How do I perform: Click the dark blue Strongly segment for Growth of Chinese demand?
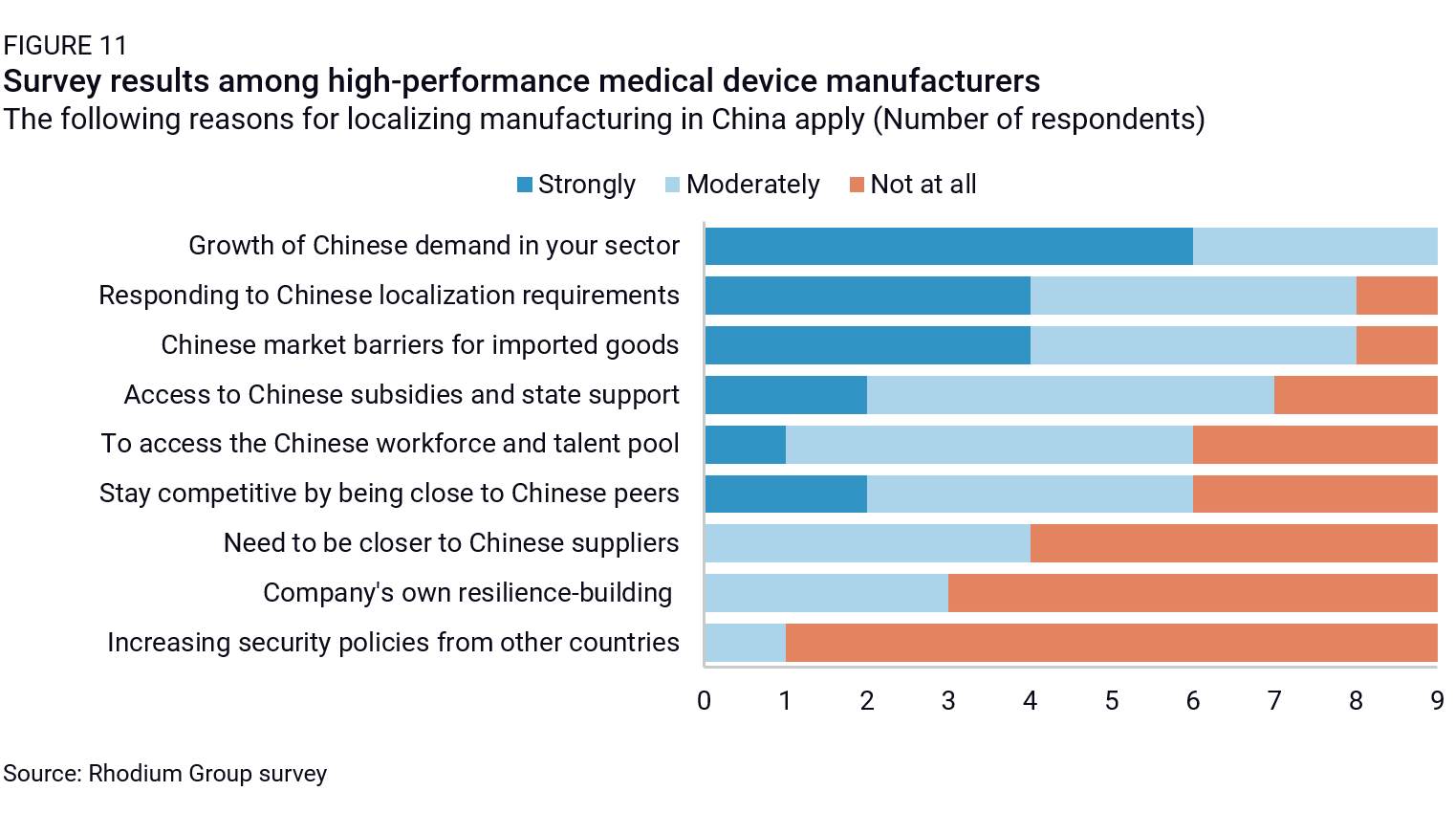click(x=948, y=246)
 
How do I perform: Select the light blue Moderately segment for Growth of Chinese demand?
click(x=1314, y=246)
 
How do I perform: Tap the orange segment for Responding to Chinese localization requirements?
click(x=1396, y=296)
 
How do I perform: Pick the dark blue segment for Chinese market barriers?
click(x=867, y=345)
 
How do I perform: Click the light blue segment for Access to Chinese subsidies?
click(x=1070, y=395)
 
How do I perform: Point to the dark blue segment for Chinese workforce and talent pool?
click(x=745, y=445)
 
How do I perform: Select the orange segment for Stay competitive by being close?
click(x=1314, y=494)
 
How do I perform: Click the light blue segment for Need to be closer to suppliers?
click(x=867, y=543)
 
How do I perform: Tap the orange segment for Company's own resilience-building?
click(x=1192, y=593)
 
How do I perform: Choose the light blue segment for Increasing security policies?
click(x=745, y=643)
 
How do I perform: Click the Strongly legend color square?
click(x=525, y=185)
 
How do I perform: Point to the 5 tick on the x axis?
click(x=1111, y=701)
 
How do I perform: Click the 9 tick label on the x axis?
click(x=1437, y=701)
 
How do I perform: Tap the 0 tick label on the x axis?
click(x=705, y=701)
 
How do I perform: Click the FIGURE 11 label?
click(x=65, y=46)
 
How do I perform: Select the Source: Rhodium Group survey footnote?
click(x=164, y=773)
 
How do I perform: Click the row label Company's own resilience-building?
click(x=467, y=593)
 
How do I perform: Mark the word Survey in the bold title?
click(x=53, y=81)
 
